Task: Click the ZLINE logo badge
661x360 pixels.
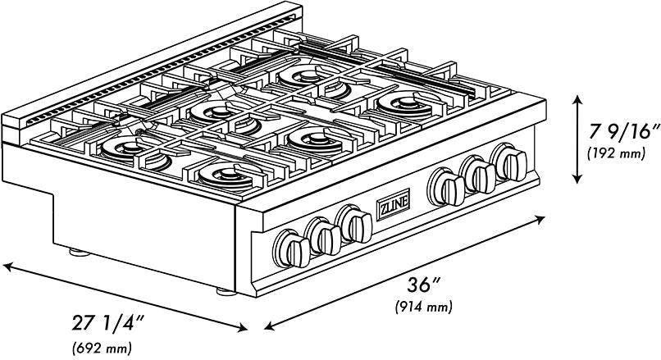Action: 393,204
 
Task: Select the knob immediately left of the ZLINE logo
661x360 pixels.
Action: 354,224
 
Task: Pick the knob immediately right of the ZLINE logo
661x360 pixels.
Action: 446,187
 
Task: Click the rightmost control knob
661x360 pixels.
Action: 509,162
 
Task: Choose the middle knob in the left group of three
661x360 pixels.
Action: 323,236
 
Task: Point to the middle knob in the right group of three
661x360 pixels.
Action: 477,174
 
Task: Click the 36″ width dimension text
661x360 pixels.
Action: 424,285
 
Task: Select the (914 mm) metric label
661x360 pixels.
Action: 424,307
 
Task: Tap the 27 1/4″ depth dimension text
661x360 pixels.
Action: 109,324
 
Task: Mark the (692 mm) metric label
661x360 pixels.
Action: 102,348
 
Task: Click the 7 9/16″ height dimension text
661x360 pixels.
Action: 624,132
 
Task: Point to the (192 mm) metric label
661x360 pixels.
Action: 617,153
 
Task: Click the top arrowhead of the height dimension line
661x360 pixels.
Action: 577,99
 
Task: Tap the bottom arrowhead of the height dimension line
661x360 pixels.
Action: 577,179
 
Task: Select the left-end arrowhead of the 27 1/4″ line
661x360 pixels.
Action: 7,266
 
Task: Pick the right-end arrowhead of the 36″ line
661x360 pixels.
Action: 540,218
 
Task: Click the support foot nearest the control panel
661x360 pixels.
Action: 226,291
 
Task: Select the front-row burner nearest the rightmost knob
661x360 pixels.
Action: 408,104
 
